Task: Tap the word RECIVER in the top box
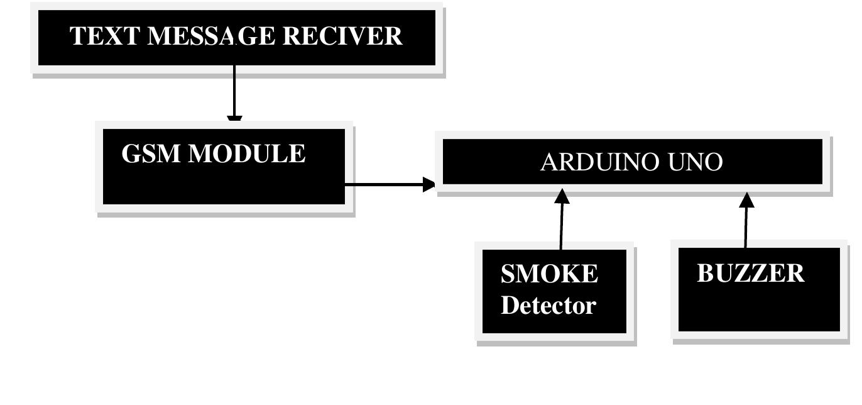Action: click(342, 36)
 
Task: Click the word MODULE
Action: click(247, 154)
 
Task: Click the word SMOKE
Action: click(549, 274)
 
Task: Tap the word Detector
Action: click(548, 306)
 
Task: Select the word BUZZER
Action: click(750, 274)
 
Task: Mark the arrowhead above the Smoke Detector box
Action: click(562, 196)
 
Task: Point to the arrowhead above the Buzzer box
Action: click(746, 200)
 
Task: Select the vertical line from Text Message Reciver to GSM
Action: click(234, 91)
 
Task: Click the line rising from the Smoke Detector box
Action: click(561, 226)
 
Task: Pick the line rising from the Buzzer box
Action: click(746, 226)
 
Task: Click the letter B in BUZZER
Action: click(706, 274)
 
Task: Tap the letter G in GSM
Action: click(131, 154)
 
